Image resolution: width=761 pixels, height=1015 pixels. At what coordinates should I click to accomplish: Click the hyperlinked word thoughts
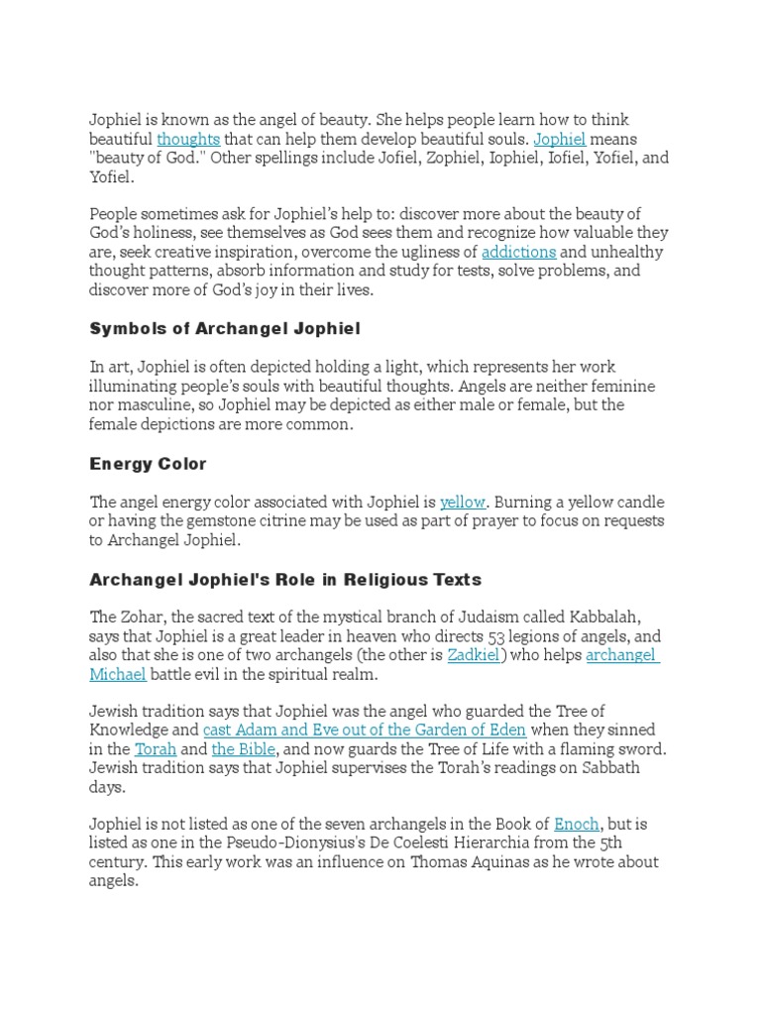(x=188, y=139)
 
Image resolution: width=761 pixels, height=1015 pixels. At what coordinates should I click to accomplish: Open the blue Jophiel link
(x=560, y=139)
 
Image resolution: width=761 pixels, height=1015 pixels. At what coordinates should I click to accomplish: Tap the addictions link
(x=519, y=252)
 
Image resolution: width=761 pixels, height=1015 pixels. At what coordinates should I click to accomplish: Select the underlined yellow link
(x=463, y=502)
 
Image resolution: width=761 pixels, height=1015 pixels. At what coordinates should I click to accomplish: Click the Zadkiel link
(x=474, y=655)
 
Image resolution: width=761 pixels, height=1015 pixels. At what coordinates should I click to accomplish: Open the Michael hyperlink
(x=118, y=674)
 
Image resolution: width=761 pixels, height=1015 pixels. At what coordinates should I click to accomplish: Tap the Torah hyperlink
(x=156, y=748)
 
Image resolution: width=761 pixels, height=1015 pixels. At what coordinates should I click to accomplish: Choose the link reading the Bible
(x=244, y=748)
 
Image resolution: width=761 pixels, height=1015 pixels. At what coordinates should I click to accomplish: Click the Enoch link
(x=577, y=824)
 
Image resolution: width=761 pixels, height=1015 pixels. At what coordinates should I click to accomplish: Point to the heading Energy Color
(x=148, y=464)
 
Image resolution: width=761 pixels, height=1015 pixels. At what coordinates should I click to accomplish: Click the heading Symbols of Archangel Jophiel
(x=225, y=328)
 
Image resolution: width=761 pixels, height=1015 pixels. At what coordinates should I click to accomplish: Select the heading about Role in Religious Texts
(x=285, y=579)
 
